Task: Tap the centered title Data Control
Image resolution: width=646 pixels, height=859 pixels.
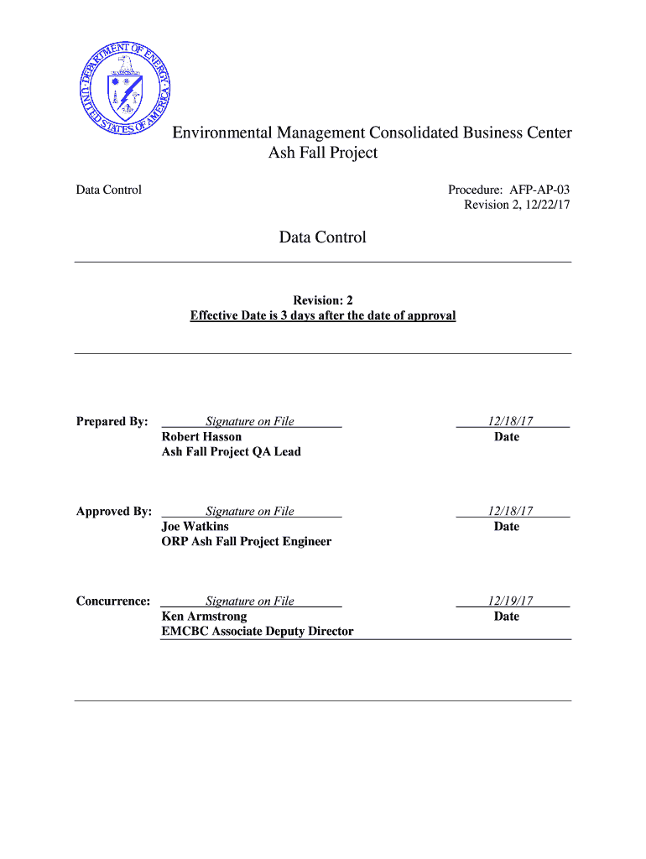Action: pos(323,237)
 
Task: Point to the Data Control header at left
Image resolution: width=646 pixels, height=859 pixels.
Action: pos(109,190)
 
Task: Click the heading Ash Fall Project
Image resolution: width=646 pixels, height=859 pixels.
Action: pos(323,153)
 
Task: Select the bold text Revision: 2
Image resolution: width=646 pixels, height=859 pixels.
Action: pos(323,300)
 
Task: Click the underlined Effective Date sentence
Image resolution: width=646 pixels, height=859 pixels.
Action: pos(323,315)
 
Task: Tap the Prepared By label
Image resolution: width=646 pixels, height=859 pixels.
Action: pos(112,421)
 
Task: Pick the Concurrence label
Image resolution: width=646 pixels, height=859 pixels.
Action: pos(113,601)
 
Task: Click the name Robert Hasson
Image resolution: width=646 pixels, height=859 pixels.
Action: pos(201,436)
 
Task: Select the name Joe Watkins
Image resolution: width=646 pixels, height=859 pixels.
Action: pos(195,526)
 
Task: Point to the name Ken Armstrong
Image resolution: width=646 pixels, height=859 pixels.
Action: pos(204,616)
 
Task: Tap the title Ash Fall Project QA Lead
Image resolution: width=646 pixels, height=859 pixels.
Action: pos(231,451)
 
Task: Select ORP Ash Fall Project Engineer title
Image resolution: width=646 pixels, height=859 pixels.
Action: pos(246,541)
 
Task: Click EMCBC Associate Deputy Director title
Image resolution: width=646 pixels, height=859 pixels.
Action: pos(257,631)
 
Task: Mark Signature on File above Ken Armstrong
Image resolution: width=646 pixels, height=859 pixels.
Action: pos(250,601)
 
